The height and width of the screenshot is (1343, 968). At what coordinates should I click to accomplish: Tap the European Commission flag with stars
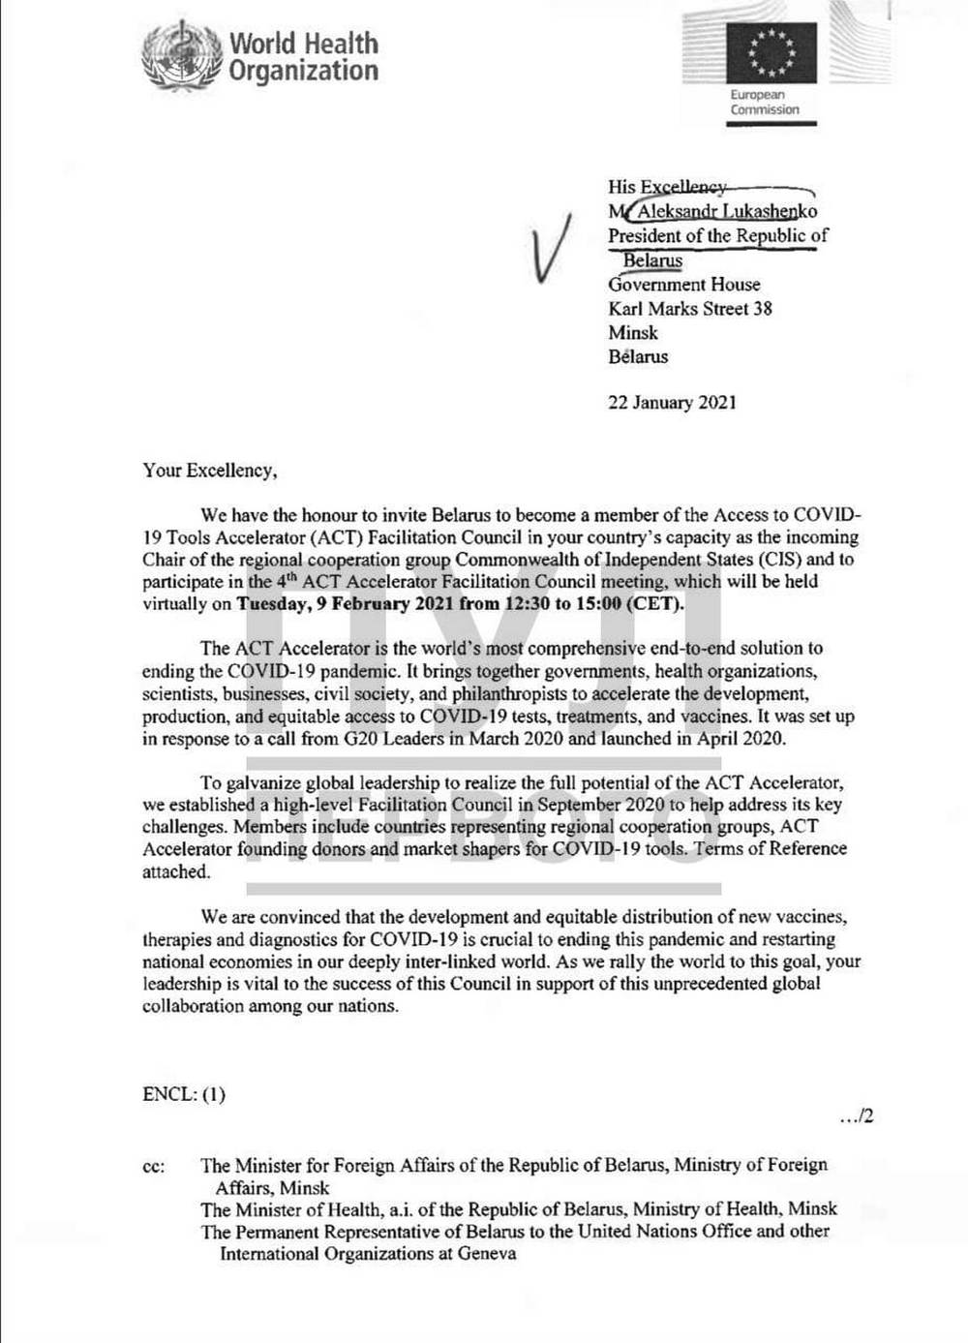771,52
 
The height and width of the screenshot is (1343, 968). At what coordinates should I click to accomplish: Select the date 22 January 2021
672,403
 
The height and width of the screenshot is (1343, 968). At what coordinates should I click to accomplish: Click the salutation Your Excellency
209,471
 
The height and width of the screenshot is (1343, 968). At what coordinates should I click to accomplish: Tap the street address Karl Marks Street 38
689,309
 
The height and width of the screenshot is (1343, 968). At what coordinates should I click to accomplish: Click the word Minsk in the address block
632,332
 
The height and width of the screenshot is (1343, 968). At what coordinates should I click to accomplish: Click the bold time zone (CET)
655,603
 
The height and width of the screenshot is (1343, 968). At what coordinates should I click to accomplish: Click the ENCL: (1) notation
184,1094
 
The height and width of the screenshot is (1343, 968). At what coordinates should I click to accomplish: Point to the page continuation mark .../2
857,1116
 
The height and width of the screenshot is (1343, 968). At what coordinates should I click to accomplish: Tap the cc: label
154,1166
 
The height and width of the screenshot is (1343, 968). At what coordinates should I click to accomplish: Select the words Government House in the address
683,285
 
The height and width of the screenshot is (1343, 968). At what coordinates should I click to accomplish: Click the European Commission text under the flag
764,103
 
